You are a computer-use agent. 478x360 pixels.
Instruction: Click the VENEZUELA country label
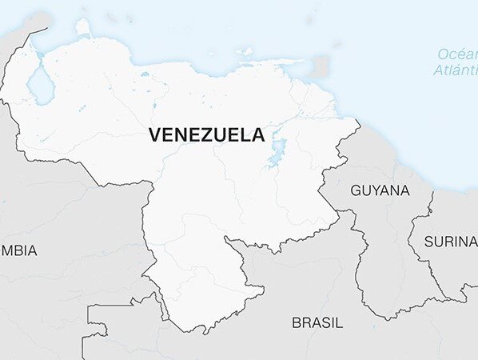[x=206, y=135]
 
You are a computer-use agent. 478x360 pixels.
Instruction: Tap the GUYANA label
[x=380, y=190]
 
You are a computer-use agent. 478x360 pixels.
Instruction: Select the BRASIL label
[x=317, y=323]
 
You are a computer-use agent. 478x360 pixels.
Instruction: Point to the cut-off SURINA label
[x=450, y=241]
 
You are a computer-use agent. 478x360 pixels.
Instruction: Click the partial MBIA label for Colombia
[x=18, y=250]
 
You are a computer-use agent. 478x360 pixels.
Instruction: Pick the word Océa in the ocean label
[x=456, y=54]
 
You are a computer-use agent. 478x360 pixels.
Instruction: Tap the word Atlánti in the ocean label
[x=455, y=70]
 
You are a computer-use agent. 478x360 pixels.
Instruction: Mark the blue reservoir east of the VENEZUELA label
[x=277, y=152]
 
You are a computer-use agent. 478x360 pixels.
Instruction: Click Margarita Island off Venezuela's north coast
[x=246, y=53]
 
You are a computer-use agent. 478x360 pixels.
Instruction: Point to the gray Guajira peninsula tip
[x=32, y=32]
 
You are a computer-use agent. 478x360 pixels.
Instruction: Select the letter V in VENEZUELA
[x=154, y=135]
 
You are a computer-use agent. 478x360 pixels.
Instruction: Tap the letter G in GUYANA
[x=356, y=190]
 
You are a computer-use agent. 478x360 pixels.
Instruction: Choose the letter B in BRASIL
[x=296, y=323]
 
